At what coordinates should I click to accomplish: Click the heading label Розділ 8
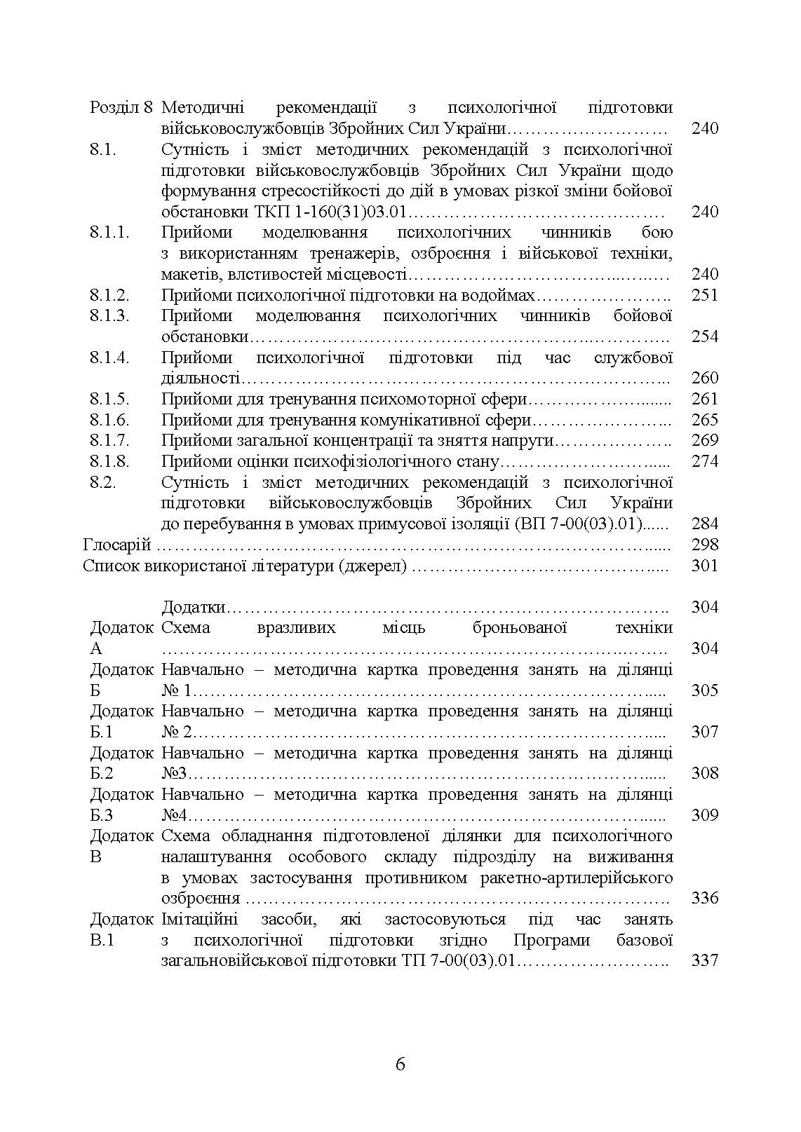click(121, 107)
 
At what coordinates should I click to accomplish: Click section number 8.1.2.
click(109, 295)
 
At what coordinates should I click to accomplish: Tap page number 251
click(704, 295)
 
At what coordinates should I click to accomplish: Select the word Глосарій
click(116, 545)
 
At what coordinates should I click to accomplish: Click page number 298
click(704, 545)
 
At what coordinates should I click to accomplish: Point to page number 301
click(704, 566)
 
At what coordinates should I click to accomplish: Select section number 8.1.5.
click(109, 399)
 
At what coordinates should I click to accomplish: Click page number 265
click(704, 420)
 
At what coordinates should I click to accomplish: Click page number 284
click(704, 524)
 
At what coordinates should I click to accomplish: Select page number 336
click(704, 898)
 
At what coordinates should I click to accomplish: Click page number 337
click(704, 960)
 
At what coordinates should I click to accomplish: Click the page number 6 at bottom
click(401, 1065)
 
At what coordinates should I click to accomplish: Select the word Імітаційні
click(199, 919)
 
